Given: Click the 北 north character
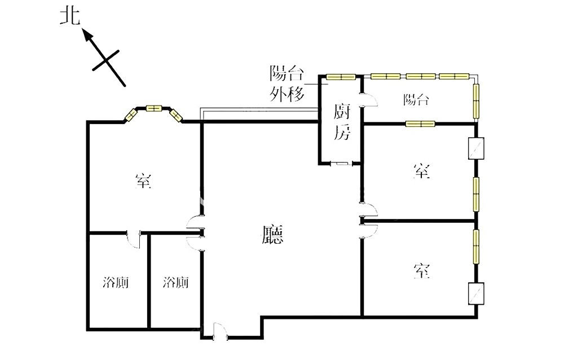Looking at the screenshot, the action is click(70, 17).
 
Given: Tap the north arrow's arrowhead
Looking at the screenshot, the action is click(88, 36).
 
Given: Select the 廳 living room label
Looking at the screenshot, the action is click(272, 234).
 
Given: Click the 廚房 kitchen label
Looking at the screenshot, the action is click(341, 122).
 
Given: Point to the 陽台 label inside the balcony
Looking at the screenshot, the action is click(416, 99).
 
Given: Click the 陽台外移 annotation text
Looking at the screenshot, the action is click(287, 84).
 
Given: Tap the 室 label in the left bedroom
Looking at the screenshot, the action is click(143, 181).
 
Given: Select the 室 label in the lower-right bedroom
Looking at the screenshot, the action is click(421, 271).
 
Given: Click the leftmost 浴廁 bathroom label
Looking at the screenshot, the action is click(116, 283).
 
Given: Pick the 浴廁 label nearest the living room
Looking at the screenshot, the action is click(175, 283).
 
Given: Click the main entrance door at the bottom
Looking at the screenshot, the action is click(220, 332).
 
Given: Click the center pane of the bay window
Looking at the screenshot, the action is click(154, 108).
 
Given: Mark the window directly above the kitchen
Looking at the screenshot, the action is click(341, 77).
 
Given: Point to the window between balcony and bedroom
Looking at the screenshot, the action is click(420, 124).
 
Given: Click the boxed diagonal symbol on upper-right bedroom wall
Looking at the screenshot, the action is click(476, 148).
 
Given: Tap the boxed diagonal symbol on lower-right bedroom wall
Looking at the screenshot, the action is click(476, 294).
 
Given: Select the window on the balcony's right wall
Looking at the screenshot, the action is click(476, 101).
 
